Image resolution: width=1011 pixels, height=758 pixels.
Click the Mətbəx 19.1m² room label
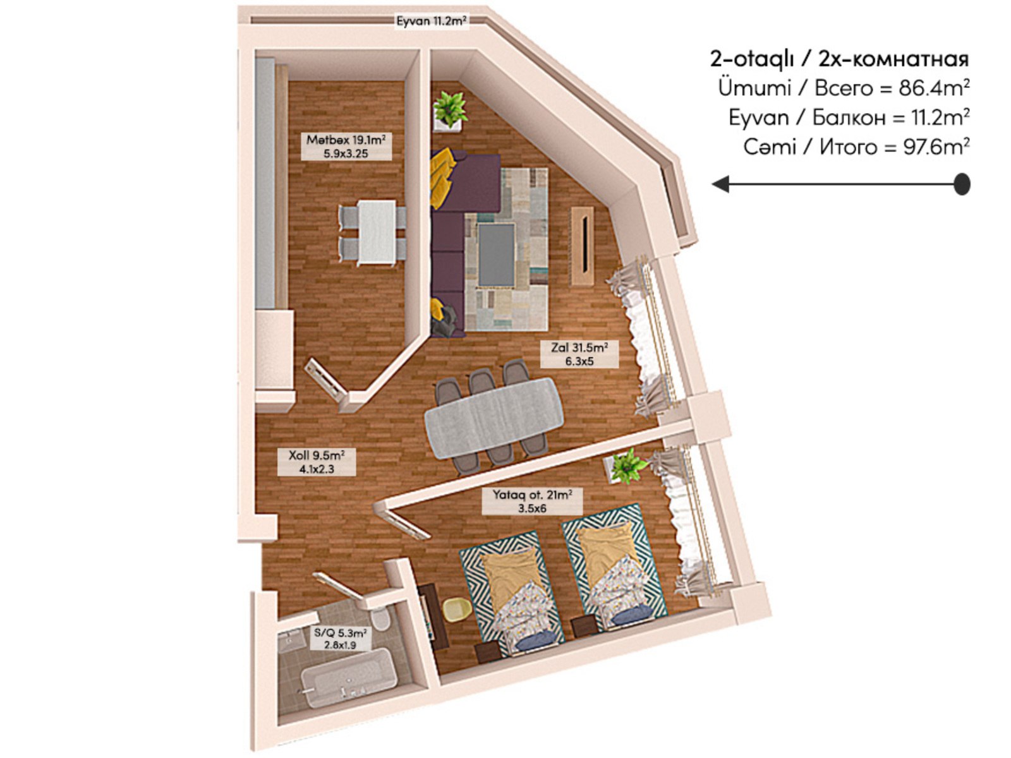[x=346, y=147]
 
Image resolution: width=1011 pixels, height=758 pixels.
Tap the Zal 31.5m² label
[x=579, y=354]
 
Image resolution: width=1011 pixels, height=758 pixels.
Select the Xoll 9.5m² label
[x=316, y=462]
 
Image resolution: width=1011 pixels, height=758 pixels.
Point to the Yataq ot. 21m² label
[x=532, y=501]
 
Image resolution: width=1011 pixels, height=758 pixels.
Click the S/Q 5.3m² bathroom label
[x=340, y=639]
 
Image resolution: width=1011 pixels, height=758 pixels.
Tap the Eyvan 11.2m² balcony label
[x=432, y=21]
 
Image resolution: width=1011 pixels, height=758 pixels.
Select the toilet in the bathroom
[x=382, y=618]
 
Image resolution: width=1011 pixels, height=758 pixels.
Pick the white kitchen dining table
[x=377, y=232]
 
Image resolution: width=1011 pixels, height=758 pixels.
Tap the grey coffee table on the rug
[x=496, y=255]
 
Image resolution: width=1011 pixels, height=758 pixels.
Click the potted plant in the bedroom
[x=627, y=466]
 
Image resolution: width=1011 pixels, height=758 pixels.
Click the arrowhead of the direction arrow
[x=720, y=184]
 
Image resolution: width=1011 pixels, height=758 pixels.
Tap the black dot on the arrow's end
[x=961, y=184]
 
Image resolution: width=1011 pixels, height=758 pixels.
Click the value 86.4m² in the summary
[x=934, y=88]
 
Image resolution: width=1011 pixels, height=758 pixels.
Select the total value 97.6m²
[x=936, y=147]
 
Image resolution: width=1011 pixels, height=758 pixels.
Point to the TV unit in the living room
[x=583, y=246]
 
